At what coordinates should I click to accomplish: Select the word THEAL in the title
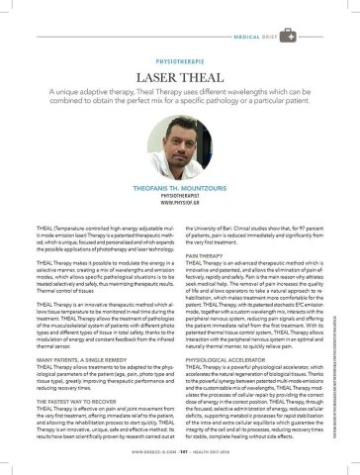coord(205,75)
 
